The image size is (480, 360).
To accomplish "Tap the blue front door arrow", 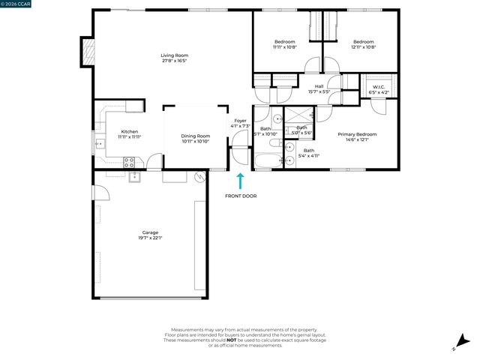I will [240, 181].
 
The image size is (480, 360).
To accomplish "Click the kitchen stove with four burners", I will [129, 161].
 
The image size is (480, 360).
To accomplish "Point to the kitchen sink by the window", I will [98, 142].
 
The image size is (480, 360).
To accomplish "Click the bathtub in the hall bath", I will [265, 160].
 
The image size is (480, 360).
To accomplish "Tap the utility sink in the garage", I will [134, 178].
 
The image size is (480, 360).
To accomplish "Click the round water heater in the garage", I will [199, 178].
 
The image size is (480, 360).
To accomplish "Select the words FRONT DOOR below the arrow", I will [240, 196].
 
